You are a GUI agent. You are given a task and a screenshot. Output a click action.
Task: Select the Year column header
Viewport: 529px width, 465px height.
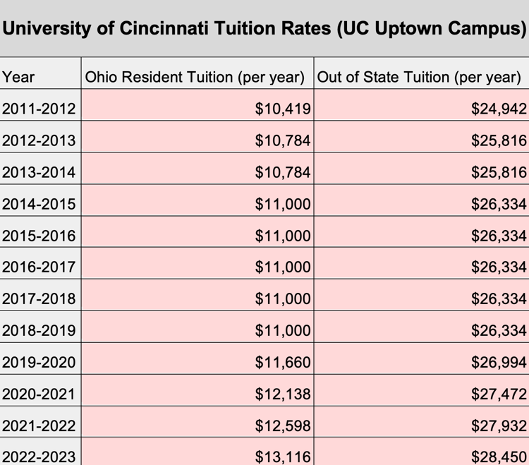coord(18,77)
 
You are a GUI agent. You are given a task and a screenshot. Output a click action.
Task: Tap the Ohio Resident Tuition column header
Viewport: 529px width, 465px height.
coord(195,77)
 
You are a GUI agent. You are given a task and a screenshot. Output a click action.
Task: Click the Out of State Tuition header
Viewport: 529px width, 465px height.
coord(419,77)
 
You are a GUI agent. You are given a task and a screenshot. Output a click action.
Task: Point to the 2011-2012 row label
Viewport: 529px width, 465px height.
coord(39,109)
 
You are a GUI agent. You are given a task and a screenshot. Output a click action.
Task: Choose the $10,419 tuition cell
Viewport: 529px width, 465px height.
coord(283,109)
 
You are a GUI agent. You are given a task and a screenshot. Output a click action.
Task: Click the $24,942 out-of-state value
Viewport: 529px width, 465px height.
coord(499,109)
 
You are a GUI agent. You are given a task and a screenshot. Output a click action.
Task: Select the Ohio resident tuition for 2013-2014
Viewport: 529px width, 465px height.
coord(283,172)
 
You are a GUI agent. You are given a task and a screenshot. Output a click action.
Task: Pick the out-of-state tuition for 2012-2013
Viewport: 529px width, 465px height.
coord(499,140)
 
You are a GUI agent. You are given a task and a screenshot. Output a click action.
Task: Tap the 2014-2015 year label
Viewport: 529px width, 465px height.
coord(39,204)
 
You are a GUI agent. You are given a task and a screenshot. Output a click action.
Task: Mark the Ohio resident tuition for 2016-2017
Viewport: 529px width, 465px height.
coord(283,267)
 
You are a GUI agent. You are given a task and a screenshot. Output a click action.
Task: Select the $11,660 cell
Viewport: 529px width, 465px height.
coord(283,363)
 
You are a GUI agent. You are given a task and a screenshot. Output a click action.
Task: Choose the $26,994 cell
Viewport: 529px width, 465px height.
coord(499,363)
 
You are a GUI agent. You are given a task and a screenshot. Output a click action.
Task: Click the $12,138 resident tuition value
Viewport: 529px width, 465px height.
coord(283,394)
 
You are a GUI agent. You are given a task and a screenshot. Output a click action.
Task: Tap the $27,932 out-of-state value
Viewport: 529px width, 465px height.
coord(499,426)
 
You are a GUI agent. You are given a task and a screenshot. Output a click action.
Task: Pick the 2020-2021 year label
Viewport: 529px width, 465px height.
coord(39,394)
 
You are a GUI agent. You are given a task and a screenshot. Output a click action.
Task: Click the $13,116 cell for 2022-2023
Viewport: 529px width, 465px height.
coord(283,457)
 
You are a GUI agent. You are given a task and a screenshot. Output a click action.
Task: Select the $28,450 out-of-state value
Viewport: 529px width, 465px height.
coord(499,457)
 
